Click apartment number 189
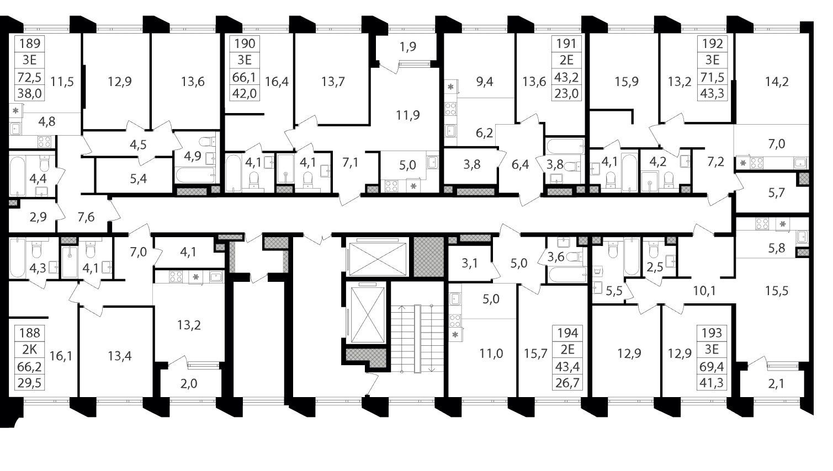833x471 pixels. (30, 44)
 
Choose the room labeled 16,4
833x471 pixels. (277, 82)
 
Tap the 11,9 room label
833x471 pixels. (408, 115)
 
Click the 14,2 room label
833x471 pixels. (777, 82)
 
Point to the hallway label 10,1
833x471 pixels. (704, 291)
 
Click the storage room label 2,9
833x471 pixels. (38, 217)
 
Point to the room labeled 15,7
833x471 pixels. (535, 354)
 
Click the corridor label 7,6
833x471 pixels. (86, 217)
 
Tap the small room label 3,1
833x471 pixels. (469, 264)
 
